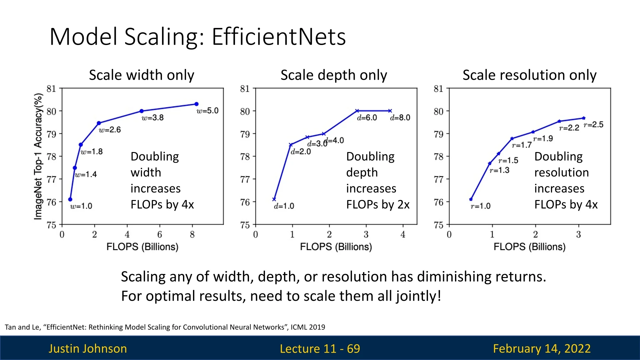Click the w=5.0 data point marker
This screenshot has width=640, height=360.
click(196, 104)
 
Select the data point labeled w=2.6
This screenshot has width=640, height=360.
click(99, 123)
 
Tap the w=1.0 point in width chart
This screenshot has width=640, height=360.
click(70, 199)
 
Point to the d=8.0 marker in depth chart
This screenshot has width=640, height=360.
click(390, 111)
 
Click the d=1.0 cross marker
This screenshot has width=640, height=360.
click(274, 199)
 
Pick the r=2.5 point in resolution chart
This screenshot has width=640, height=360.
click(584, 118)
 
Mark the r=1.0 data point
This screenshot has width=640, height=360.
click(471, 199)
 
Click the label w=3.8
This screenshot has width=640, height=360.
click(152, 118)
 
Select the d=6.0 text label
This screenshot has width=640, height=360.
click(367, 118)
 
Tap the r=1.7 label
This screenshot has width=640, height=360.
click(522, 145)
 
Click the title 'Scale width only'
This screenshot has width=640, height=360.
click(141, 75)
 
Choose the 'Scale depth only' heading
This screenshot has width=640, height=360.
click(334, 75)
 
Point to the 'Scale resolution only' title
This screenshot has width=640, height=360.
click(529, 75)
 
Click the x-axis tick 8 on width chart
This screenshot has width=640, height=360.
click(192, 235)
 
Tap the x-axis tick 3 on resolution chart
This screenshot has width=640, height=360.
click(578, 235)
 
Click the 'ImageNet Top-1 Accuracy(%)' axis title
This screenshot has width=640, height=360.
click(38, 156)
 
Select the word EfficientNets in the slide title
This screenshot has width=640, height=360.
click(279, 36)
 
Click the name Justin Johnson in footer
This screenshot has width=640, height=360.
click(88, 348)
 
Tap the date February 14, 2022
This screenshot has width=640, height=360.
click(542, 348)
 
